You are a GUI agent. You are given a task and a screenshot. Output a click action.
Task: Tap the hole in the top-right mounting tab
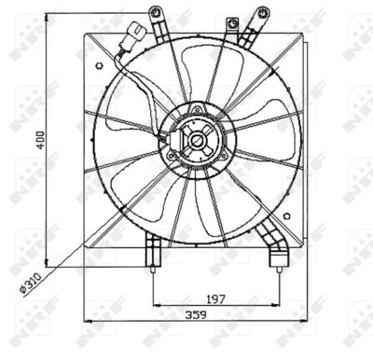pos(262,13)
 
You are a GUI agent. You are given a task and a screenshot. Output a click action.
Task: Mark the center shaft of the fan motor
pos(197,142)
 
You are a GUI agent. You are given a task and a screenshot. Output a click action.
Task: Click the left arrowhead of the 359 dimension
pos(86,321)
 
